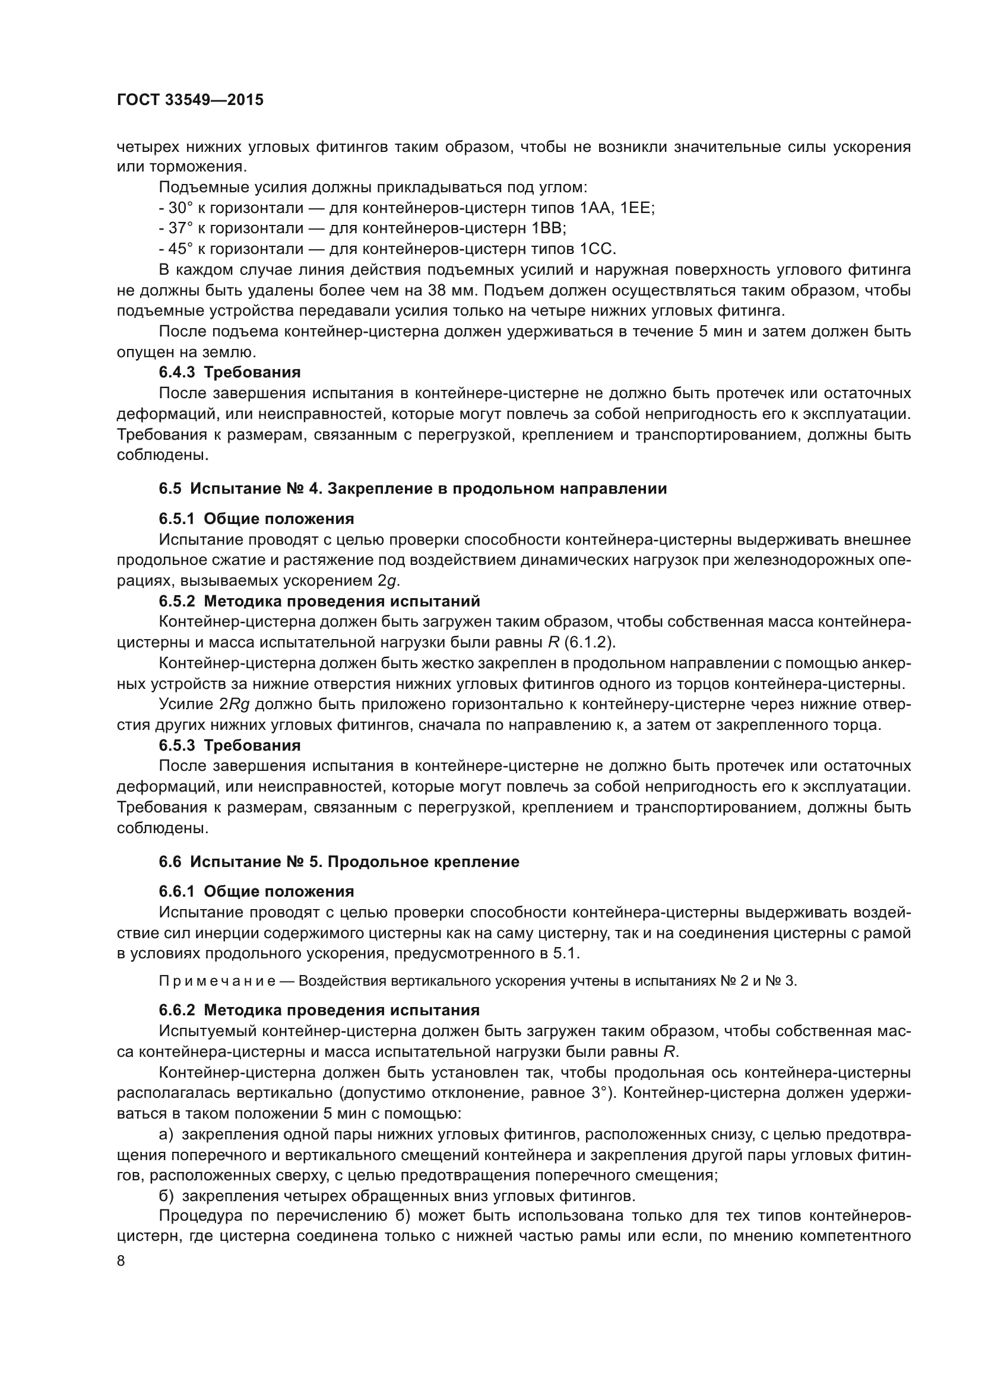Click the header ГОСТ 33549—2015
coord(190,100)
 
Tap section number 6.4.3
coord(177,373)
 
